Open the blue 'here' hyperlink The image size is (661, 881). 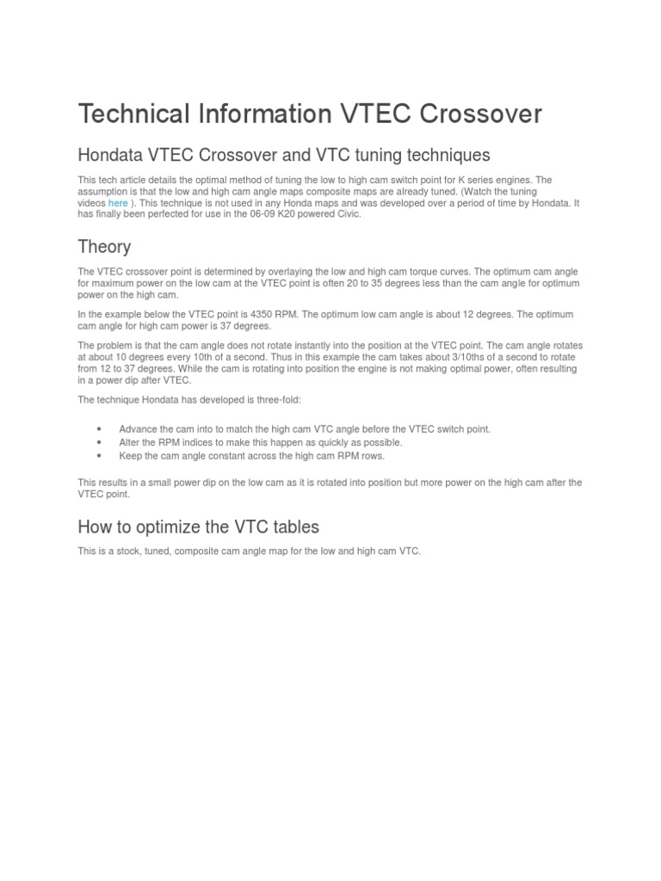[x=118, y=203]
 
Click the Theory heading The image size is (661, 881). [x=104, y=247]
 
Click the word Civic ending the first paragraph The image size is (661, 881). [x=347, y=214]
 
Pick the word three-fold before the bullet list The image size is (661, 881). [x=299, y=399]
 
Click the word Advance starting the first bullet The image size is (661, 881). [x=138, y=428]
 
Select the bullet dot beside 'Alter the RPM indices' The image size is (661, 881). [x=100, y=442]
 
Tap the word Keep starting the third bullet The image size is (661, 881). [x=130, y=456]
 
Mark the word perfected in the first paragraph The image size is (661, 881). [x=167, y=214]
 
